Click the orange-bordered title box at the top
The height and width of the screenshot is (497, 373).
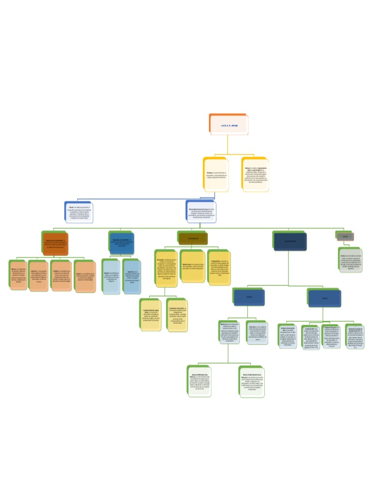pos(228,124)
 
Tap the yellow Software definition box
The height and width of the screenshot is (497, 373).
pos(255,174)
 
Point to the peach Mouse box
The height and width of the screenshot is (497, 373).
pos(18,275)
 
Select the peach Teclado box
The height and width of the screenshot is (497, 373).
pos(61,275)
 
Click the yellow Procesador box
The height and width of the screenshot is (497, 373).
pos(166,268)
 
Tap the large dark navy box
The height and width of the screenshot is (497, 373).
pos(290,241)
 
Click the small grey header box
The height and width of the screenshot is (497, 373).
pos(345,236)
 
